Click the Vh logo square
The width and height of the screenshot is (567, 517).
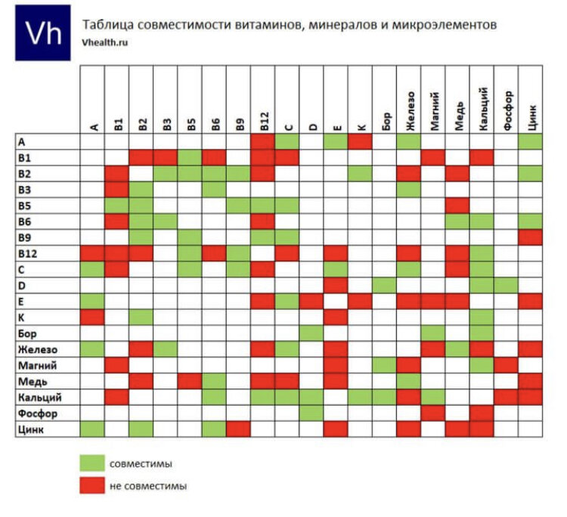(43, 33)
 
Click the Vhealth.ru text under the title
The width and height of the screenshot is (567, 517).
(105, 43)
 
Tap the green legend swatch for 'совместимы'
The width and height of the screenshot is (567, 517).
(92, 463)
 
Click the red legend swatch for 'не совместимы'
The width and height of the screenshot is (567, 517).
(92, 485)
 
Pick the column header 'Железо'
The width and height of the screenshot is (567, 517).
(410, 110)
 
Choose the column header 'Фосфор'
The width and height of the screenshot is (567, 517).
(507, 110)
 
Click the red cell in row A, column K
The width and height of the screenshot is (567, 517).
(361, 141)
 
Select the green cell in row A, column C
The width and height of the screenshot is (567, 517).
(287, 141)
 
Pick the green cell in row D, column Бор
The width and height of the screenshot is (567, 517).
(385, 285)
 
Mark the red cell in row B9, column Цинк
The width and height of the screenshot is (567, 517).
(531, 237)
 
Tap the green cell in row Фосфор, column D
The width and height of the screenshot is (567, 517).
(311, 413)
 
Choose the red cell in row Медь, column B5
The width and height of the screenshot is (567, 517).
(190, 381)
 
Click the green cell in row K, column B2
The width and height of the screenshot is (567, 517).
(141, 317)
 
